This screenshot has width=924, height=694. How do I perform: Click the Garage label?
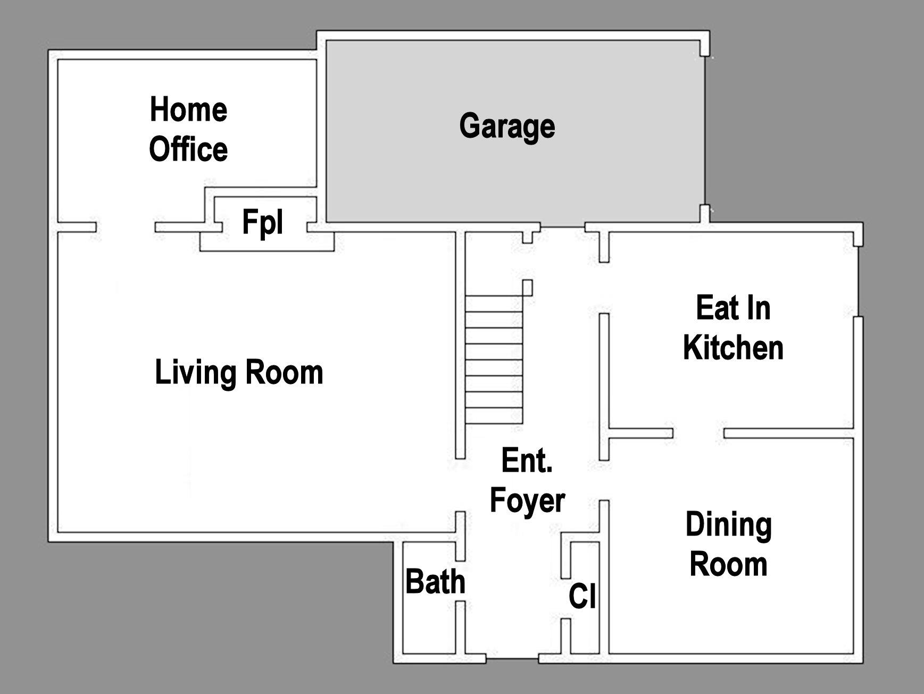[x=507, y=127]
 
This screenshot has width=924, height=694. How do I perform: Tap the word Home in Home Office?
[x=188, y=110]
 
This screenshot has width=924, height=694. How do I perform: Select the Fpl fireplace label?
[x=263, y=222]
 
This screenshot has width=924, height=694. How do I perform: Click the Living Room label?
[x=239, y=372]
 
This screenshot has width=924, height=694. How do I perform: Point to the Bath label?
[x=435, y=582]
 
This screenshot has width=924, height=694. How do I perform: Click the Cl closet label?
[x=582, y=596]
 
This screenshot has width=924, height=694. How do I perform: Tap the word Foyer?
[x=527, y=500]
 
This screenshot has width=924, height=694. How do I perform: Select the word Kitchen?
[x=733, y=348]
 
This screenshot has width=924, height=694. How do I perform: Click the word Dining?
[x=728, y=524]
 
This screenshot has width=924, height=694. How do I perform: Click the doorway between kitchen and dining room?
[x=698, y=433]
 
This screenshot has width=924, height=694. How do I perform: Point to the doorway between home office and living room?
[x=126, y=228]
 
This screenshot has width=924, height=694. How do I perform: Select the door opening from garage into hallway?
[x=562, y=228]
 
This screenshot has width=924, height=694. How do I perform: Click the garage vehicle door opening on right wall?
[x=705, y=130]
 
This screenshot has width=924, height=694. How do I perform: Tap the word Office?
[x=188, y=149]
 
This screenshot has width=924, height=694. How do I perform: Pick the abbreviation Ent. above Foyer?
[x=527, y=461]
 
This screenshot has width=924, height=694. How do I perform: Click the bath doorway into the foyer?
[x=461, y=581]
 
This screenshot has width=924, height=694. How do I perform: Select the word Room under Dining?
[x=728, y=564]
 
